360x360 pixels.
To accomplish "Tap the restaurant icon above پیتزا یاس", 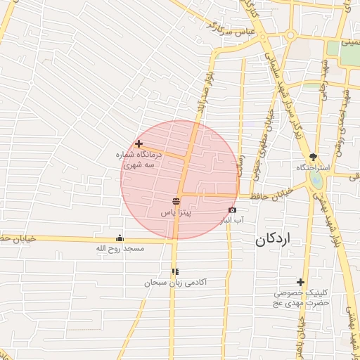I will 175,200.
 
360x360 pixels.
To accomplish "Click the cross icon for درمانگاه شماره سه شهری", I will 139,143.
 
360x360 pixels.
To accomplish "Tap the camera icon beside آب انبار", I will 232,210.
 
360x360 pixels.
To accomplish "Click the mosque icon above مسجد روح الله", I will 119,238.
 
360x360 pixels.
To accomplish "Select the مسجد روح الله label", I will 120,248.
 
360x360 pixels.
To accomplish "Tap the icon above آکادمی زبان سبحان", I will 175,271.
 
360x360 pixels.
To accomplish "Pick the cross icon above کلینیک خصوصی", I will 301,282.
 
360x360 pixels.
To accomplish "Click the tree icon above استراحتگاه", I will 314,157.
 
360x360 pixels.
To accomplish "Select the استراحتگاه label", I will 314,169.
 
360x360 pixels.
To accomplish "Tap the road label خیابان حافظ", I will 271,194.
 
